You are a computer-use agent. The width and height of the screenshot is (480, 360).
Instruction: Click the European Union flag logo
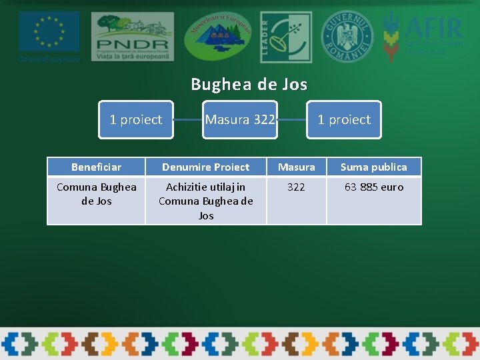tap(49, 31)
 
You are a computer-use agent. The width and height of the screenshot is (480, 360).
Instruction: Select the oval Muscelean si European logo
tap(218, 36)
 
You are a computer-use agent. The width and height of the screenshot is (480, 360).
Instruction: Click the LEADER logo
tap(285, 37)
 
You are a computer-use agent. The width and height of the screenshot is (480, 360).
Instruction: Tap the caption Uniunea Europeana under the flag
tap(49, 58)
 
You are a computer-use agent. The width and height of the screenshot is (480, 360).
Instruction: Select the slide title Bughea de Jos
tap(249, 84)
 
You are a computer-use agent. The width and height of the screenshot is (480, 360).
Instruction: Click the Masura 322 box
tap(240, 120)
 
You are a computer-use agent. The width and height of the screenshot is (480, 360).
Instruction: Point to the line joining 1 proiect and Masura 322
tap(187, 120)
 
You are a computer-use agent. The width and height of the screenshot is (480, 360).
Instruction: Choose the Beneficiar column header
tap(96, 167)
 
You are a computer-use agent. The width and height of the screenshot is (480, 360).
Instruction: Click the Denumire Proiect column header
tap(205, 167)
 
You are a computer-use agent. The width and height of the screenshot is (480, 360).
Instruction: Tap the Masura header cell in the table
tap(296, 167)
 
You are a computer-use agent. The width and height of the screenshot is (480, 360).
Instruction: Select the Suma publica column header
tap(373, 167)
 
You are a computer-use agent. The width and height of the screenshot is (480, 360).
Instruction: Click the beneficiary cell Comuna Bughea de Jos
tap(96, 194)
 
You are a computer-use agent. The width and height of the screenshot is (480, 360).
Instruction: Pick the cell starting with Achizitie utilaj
tap(205, 201)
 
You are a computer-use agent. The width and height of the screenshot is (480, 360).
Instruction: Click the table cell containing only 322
tap(296, 187)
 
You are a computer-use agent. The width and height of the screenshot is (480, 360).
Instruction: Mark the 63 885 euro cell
tap(373, 187)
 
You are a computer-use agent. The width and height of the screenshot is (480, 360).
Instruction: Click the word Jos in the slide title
tap(294, 84)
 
